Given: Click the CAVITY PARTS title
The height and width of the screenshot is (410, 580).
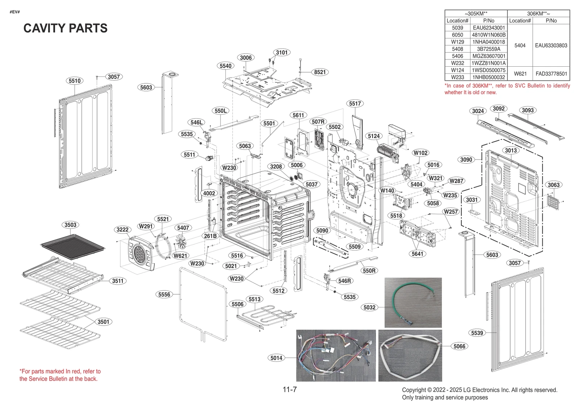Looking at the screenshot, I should (x=65, y=28).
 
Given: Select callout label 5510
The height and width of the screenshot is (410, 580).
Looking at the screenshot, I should (x=75, y=81).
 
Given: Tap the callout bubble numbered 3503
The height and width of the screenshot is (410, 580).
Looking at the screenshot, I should (x=70, y=225).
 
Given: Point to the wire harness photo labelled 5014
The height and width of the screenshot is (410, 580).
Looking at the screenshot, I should (x=336, y=355).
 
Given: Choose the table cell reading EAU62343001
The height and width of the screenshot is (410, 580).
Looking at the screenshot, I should (x=489, y=28).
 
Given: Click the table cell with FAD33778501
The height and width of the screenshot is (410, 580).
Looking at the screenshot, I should (x=551, y=74).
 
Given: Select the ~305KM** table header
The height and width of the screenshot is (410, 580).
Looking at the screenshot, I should (x=476, y=13).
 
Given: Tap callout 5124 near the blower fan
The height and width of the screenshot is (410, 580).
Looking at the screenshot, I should (x=374, y=136).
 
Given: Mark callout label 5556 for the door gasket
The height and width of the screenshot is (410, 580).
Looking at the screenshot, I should (x=164, y=294).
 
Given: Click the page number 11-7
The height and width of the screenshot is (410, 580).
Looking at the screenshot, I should (x=290, y=390).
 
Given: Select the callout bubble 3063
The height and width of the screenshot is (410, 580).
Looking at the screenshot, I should (x=554, y=185).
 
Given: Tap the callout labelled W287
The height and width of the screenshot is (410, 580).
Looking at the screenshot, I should (x=456, y=181).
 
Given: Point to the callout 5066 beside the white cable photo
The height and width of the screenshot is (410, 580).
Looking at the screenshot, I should (x=459, y=346).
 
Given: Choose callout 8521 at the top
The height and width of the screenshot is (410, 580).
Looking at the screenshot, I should (x=320, y=72).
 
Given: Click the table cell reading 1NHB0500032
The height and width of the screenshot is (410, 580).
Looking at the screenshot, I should (x=489, y=77).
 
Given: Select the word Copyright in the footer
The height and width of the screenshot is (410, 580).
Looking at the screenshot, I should (x=414, y=390).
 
